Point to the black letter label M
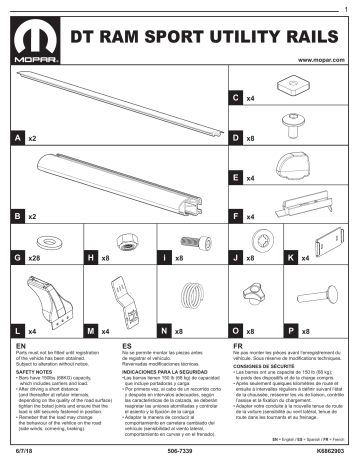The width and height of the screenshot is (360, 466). coord(92,330)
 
